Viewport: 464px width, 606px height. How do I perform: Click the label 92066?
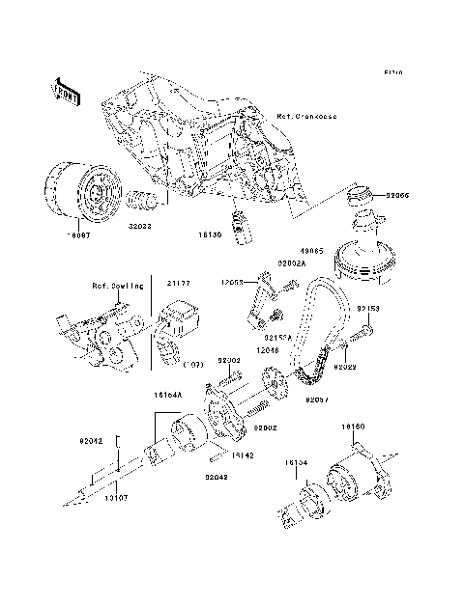point(397,196)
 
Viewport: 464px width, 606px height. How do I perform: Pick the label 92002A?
point(291,262)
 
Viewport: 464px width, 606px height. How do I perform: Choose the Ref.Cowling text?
point(118,286)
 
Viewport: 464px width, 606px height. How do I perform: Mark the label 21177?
point(179,286)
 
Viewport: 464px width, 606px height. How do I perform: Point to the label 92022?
point(346,368)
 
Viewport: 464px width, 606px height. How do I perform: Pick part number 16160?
point(352,427)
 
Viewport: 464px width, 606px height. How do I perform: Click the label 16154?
point(297,462)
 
